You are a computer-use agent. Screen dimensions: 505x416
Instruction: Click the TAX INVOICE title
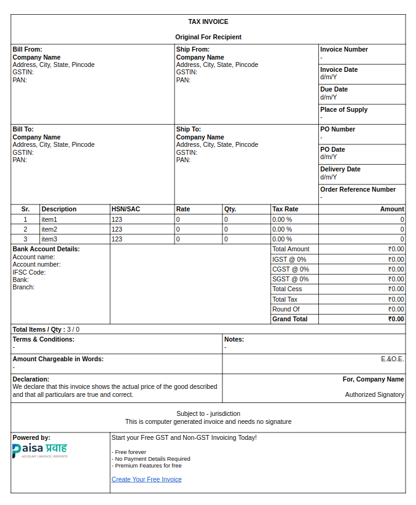(x=208, y=22)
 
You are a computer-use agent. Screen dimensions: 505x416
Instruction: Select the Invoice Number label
(x=343, y=49)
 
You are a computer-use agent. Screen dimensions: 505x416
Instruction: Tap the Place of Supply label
(x=343, y=109)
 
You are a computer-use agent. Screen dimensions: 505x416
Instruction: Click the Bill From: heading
(x=27, y=49)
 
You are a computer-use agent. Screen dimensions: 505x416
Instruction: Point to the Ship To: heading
(x=188, y=129)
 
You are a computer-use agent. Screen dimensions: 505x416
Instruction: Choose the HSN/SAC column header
(x=125, y=209)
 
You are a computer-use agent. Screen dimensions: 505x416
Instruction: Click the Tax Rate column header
(x=285, y=209)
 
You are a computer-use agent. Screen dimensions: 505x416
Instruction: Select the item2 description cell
(x=49, y=229)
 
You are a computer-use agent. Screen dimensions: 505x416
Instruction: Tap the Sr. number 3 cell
(x=25, y=239)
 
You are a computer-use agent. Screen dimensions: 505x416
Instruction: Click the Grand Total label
(x=290, y=319)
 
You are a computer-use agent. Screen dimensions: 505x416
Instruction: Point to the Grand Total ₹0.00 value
(x=396, y=319)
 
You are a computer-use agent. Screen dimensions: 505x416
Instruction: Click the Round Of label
(x=286, y=309)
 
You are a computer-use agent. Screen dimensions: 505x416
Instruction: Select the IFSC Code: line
(x=29, y=272)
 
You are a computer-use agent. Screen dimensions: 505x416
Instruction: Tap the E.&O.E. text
(x=392, y=359)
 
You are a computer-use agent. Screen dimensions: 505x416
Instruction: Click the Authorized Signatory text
(x=374, y=394)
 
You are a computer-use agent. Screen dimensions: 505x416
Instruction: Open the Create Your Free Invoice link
(x=146, y=479)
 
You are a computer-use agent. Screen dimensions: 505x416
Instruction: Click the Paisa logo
(x=40, y=450)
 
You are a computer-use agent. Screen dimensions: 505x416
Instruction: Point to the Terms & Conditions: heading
(x=43, y=339)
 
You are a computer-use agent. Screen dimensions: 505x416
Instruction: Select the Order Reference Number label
(x=358, y=189)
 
